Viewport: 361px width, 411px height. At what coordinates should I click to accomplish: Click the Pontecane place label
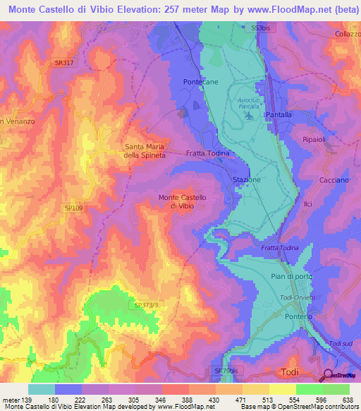coord(198,83)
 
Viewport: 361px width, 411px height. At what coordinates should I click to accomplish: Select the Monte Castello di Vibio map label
coord(182,201)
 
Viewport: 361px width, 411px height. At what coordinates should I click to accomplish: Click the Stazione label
coord(247,180)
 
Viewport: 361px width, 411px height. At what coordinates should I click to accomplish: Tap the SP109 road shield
coord(73,208)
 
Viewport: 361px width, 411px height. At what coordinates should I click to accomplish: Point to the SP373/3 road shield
coord(147,305)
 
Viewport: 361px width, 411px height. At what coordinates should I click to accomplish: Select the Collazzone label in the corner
coord(348,34)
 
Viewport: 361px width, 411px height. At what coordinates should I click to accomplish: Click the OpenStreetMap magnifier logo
coord(328,376)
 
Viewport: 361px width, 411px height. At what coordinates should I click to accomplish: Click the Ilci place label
coord(307,204)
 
